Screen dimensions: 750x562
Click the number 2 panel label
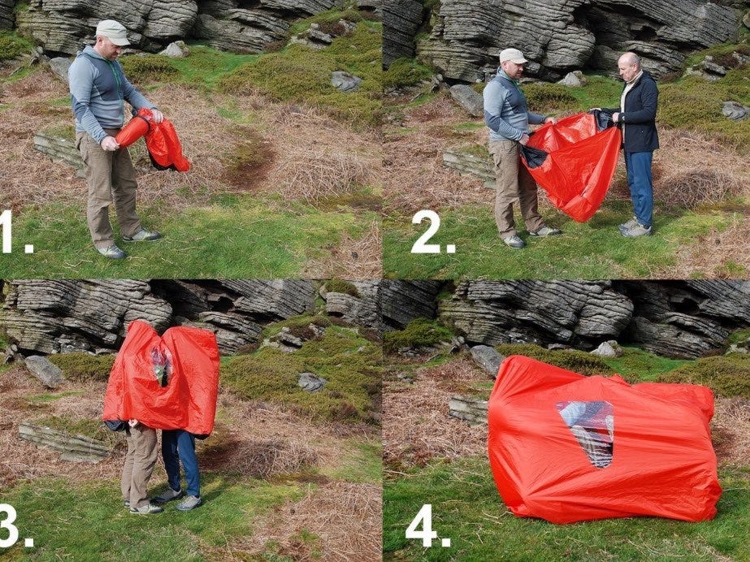(432, 231)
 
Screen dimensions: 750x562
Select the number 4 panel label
(427, 525)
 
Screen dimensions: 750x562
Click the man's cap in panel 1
(112, 32)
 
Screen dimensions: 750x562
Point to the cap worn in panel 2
(512, 56)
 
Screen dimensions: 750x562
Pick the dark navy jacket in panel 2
(637, 112)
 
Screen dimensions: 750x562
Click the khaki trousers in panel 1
(108, 185)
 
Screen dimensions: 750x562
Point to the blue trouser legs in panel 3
(182, 461)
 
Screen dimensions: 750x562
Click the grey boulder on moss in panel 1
(345, 81)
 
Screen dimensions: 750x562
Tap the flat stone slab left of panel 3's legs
(63, 442)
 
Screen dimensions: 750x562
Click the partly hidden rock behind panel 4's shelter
(487, 359)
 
